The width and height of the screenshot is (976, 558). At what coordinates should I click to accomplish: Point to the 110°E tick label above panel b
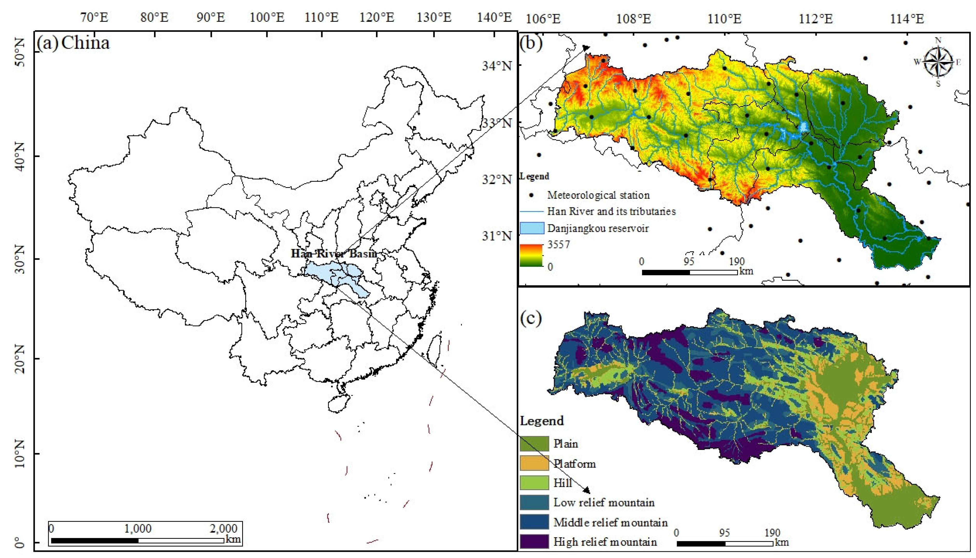724,18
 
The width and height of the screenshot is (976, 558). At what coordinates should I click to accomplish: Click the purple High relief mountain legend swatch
534,541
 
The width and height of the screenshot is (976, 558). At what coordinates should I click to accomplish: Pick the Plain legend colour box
534,444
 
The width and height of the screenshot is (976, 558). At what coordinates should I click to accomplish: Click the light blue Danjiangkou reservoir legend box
532,228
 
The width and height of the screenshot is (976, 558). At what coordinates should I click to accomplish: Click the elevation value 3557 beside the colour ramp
559,244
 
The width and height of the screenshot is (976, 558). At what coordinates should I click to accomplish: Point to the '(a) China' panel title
73,43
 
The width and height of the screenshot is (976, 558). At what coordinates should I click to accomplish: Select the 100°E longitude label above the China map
267,17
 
